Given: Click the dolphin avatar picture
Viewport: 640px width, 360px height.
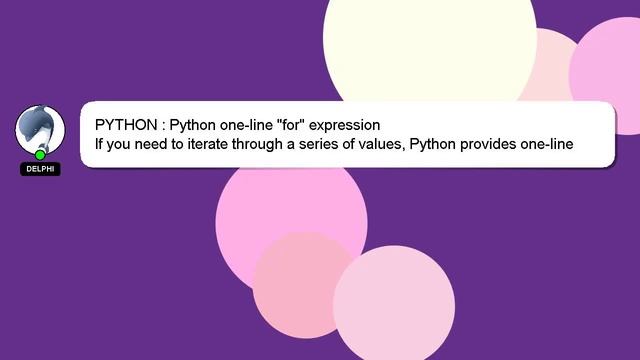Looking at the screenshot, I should tap(40, 128).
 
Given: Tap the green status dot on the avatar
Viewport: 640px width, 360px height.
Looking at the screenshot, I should tap(40, 155).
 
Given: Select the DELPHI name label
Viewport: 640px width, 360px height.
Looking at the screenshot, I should tap(40, 169).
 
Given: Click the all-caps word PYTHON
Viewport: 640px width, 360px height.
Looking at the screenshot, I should tap(125, 125).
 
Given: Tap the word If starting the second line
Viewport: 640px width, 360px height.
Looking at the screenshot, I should tap(99, 145).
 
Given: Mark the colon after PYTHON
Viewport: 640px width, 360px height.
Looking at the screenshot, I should tap(161, 126).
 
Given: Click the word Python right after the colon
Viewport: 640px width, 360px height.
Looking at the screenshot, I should tap(195, 126).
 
